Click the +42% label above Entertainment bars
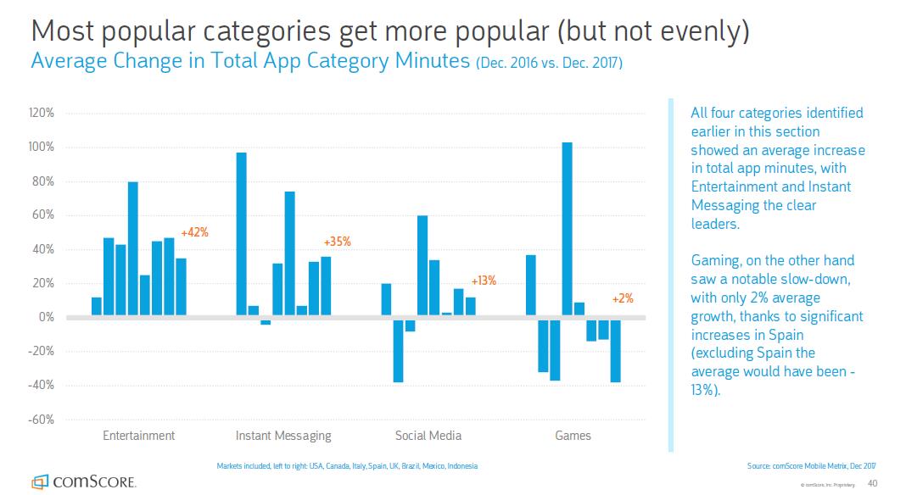click(x=194, y=232)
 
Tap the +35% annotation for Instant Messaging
click(x=337, y=242)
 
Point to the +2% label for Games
click(x=622, y=298)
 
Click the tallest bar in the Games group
click(x=567, y=229)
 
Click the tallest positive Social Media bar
click(x=422, y=266)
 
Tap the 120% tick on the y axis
click(x=42, y=113)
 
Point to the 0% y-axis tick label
click(x=47, y=317)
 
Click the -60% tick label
click(x=42, y=420)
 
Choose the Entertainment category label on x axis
click(x=138, y=436)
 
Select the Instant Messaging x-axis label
click(x=283, y=436)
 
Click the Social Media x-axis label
click(x=428, y=436)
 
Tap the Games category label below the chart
click(x=573, y=436)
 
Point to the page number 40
click(x=873, y=483)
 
